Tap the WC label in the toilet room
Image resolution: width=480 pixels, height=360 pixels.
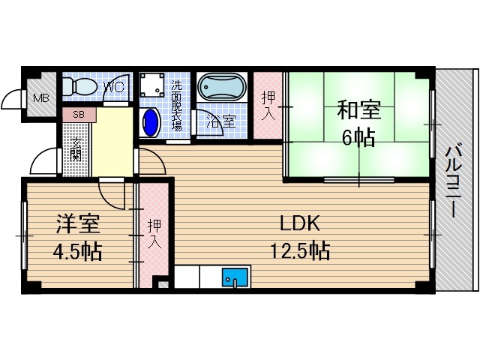pyautogui.click(x=112, y=87)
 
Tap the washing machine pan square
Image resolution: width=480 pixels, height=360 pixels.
pyautogui.click(x=154, y=88)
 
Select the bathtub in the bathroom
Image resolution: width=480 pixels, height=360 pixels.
pyautogui.click(x=222, y=88)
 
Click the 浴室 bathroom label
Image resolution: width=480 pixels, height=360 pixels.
pyautogui.click(x=219, y=120)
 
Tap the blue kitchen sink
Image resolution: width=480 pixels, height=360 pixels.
pyautogui.click(x=235, y=279)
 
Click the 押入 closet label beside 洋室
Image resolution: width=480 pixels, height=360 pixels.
pyautogui.click(x=154, y=233)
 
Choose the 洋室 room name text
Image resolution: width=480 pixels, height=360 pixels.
pyautogui.click(x=76, y=223)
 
